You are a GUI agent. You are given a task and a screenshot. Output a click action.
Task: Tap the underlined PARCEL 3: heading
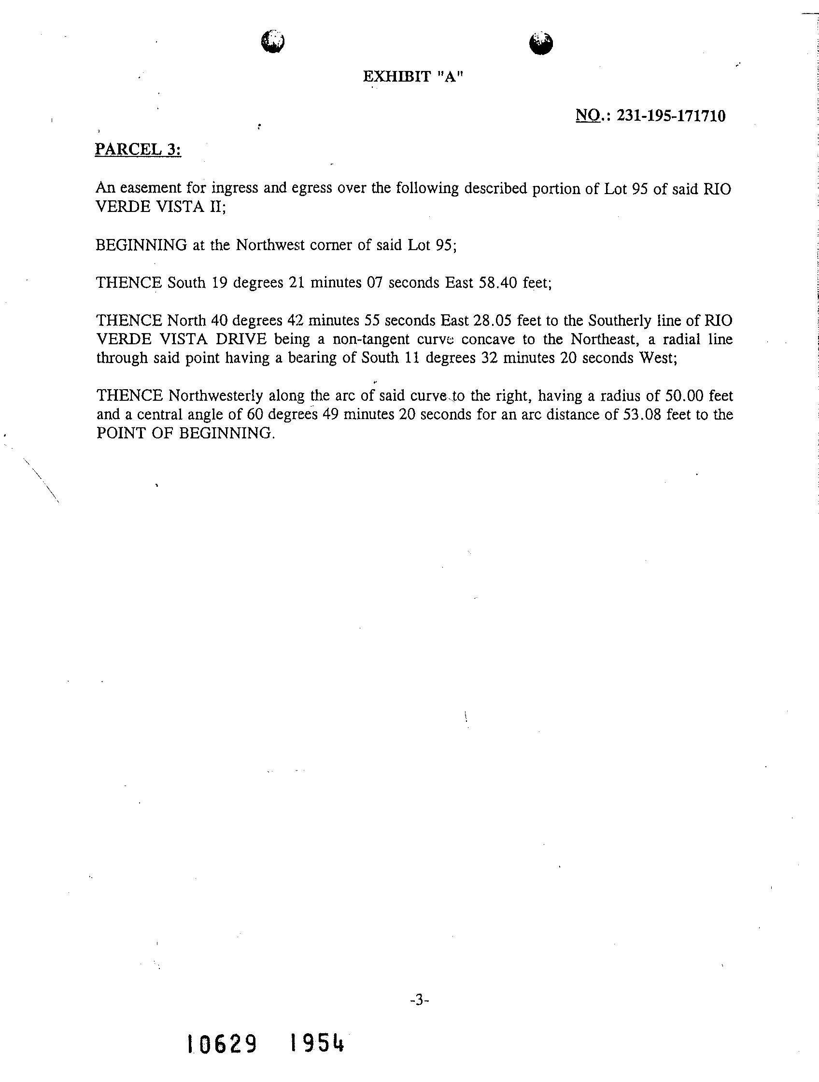pyautogui.click(x=138, y=149)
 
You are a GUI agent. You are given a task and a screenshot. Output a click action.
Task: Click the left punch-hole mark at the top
pyautogui.click(x=273, y=41)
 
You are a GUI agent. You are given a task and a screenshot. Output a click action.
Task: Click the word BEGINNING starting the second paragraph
pyautogui.click(x=141, y=245)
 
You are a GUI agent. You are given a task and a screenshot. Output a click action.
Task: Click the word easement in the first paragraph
pyautogui.click(x=150, y=188)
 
